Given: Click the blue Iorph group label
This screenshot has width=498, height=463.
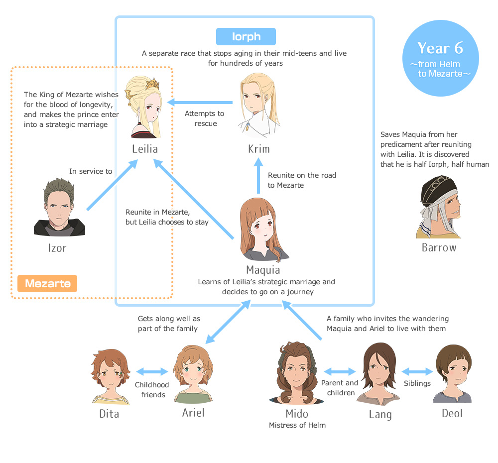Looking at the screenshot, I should [246, 37].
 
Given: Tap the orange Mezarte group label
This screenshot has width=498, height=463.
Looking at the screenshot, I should [47, 283].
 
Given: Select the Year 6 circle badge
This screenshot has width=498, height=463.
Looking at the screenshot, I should [440, 55].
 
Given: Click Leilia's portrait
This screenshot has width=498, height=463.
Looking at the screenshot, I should [145, 107].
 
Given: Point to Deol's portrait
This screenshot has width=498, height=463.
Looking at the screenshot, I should [453, 373].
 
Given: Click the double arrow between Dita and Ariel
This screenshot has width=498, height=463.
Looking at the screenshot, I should [152, 371].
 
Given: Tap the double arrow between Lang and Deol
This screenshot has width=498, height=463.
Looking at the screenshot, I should [417, 371].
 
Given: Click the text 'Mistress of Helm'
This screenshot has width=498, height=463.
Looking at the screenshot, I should [297, 425].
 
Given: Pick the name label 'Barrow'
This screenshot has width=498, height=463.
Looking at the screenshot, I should [439, 247].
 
